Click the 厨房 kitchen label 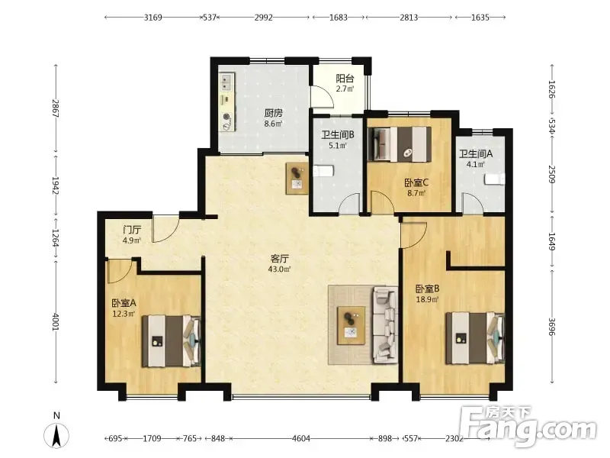273,113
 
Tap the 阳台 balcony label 345,79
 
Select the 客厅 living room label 280,259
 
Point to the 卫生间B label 337,135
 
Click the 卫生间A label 475,154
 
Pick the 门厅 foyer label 132,231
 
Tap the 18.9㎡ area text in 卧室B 427,299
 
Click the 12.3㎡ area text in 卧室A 124,314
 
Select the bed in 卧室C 400,144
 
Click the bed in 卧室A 172,341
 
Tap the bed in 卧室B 475,337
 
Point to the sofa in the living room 386,325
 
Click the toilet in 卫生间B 323,171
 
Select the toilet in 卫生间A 494,179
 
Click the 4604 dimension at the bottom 301,439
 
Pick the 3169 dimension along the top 153,18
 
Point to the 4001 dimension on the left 56,322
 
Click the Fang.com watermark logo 529,427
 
